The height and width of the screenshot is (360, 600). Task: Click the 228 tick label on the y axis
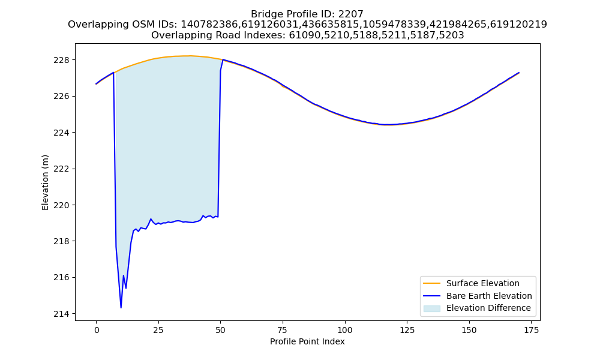click(x=62, y=60)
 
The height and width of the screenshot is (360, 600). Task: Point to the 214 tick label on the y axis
click(x=62, y=314)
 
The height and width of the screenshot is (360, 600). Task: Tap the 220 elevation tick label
click(x=62, y=205)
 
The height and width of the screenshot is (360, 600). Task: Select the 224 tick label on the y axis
click(x=62, y=133)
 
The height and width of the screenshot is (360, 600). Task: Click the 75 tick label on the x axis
click(x=283, y=330)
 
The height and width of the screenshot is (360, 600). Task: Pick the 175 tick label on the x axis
click(x=531, y=330)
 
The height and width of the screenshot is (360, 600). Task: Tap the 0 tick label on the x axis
click(x=97, y=330)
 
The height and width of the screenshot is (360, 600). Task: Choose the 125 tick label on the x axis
click(x=407, y=330)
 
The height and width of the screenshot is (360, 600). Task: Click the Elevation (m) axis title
click(x=45, y=182)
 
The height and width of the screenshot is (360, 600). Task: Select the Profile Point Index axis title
click(x=307, y=341)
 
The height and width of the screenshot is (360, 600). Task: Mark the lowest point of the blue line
click(x=121, y=308)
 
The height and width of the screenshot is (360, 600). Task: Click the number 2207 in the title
click(x=350, y=14)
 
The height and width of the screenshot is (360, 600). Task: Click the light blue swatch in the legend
click(x=431, y=308)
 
